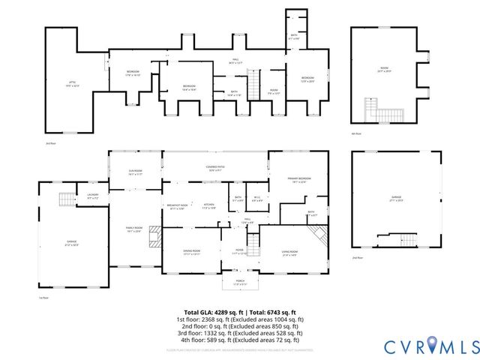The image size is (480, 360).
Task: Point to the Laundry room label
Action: tap(93, 196)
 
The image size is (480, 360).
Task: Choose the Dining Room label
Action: tap(192, 252)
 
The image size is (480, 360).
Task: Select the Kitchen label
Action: tap(209, 206)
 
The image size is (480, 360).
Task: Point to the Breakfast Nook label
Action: tap(177, 206)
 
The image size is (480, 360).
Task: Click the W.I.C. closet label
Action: tap(257, 199)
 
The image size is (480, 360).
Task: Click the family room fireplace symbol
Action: tap(155, 236)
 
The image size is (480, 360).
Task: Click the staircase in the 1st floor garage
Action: tap(67, 199)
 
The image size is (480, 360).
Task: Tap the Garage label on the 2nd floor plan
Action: tap(395, 198)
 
